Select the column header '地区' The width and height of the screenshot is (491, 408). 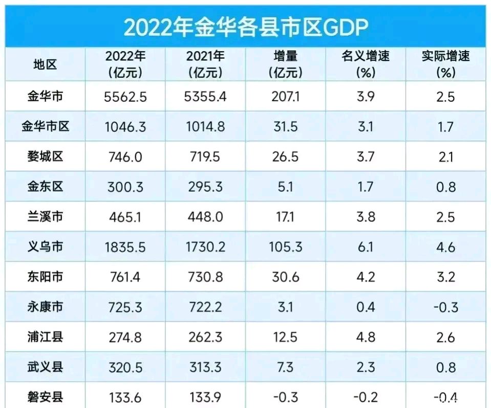45,64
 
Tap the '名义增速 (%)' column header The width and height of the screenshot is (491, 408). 366,64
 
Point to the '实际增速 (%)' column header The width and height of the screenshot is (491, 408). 446,64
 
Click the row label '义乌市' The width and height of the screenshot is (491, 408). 45,246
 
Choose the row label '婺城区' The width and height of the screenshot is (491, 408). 45,156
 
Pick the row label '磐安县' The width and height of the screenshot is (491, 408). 45,397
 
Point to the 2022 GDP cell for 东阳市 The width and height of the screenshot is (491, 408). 125,277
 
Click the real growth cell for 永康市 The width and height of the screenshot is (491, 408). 446,307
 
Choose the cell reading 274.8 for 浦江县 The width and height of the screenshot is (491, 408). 125,337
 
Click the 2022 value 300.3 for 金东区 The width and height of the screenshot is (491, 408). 125,187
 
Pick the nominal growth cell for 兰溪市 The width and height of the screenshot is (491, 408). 366,217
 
